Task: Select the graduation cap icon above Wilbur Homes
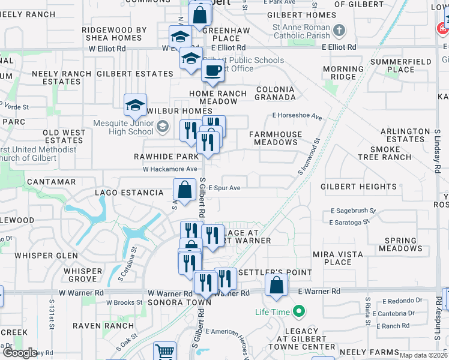point(136,106)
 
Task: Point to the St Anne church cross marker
point(339,30)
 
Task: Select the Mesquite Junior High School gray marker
point(163,127)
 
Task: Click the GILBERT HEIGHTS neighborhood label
point(358,187)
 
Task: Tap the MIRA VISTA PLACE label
point(337,258)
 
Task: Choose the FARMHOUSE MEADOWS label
point(276,139)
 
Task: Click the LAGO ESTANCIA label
point(129,193)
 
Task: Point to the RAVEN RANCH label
point(103,326)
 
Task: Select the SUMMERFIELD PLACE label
point(400,65)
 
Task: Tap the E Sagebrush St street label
point(353,211)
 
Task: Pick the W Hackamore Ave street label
point(170,169)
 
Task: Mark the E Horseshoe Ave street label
point(297,115)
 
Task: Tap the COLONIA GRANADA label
point(276,93)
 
